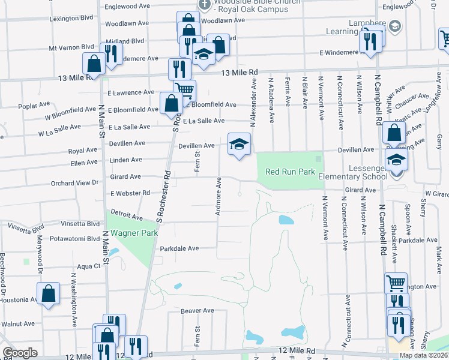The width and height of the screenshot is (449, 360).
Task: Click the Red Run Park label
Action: (291, 172)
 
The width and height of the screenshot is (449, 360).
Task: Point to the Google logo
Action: (20, 353)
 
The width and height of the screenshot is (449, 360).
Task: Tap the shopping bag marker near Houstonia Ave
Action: (48, 294)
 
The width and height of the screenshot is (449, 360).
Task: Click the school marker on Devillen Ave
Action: (239, 145)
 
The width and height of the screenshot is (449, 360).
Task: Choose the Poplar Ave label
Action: (29, 106)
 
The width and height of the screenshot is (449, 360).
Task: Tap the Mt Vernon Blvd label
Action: (72, 47)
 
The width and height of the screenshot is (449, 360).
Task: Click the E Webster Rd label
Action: (130, 193)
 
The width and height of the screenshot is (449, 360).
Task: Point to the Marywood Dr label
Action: (41, 256)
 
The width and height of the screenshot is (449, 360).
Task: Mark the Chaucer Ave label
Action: (415, 97)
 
